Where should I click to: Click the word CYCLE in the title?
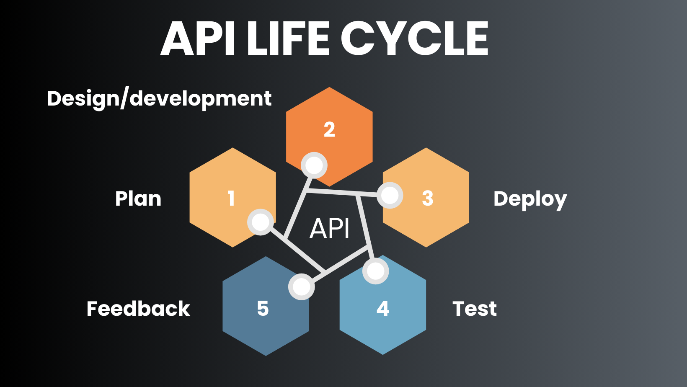[x=415, y=39]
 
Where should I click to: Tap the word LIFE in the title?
[x=289, y=39]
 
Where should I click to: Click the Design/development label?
[x=159, y=99]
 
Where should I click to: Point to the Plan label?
[x=138, y=199]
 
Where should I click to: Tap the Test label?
[x=475, y=309]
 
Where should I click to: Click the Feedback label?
[x=138, y=309]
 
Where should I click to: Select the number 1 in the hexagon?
[x=231, y=198]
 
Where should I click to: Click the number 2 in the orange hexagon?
[x=329, y=129]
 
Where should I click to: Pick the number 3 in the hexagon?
[x=427, y=198]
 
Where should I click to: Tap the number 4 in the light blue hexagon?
[x=383, y=309]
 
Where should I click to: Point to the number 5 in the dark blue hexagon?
[x=263, y=309]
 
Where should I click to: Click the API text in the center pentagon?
[x=329, y=229]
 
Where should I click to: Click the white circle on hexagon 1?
[x=261, y=222]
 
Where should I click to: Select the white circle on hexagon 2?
[x=314, y=165]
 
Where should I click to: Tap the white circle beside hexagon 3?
[x=390, y=195]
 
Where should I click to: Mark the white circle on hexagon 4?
[x=376, y=271]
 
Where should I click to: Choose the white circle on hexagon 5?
[x=302, y=287]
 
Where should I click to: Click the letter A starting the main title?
[x=178, y=39]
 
